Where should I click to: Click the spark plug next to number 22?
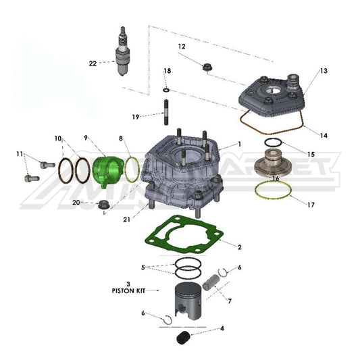point(123,54)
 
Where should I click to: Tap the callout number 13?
point(323,71)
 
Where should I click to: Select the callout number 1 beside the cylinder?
point(238,144)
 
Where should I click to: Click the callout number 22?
point(93,63)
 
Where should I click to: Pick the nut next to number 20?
point(105,204)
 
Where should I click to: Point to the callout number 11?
point(19,155)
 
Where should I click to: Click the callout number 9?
point(86,138)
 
